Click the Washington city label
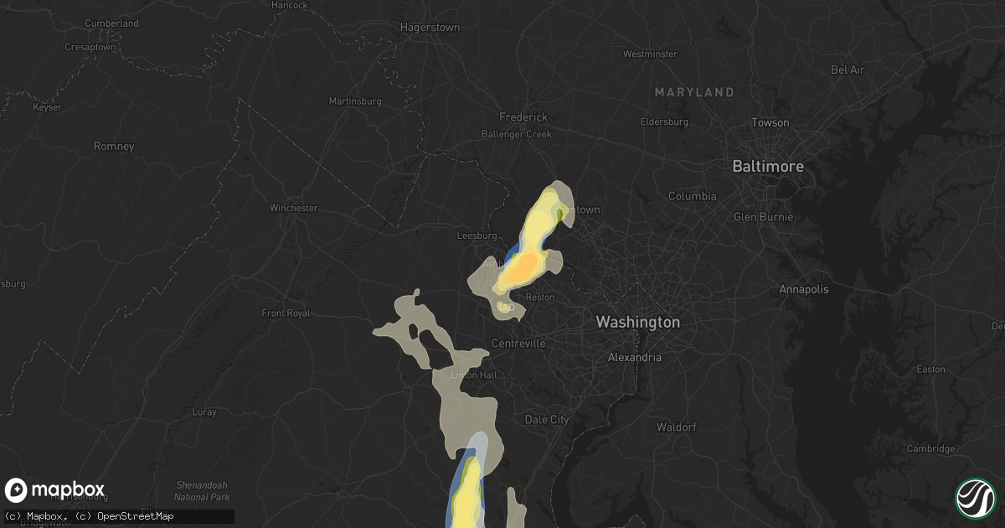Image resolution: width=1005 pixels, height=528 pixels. (637, 322)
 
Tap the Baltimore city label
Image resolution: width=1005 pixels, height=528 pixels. (767, 166)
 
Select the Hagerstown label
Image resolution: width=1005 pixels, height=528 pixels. (430, 27)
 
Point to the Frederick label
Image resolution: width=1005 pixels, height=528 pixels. (523, 117)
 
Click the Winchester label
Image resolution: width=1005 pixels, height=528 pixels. (293, 208)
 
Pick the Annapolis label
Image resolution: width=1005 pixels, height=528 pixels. (803, 289)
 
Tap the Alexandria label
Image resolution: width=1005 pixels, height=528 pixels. (634, 357)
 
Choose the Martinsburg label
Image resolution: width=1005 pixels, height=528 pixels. (354, 101)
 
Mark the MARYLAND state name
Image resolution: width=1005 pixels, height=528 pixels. (694, 91)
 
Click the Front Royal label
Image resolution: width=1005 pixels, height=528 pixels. (286, 313)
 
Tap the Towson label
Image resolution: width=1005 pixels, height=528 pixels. (770, 122)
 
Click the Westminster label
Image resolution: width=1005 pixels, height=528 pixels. (650, 54)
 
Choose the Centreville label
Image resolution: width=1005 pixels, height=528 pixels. (518, 344)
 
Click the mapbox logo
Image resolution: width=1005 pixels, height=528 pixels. (54, 490)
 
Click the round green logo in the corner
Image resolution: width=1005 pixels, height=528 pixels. (976, 498)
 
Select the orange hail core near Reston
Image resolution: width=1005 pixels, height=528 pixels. (523, 268)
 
